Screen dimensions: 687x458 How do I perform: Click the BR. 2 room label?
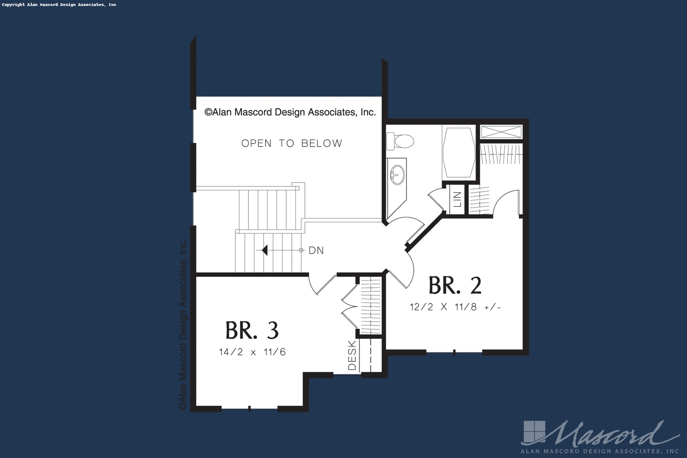click(x=455, y=285)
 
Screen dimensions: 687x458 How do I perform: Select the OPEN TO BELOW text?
click(x=292, y=143)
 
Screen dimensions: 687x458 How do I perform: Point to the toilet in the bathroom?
click(x=400, y=141)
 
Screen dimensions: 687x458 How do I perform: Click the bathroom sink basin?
click(x=397, y=175)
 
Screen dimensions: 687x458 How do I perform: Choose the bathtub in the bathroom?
click(x=459, y=153)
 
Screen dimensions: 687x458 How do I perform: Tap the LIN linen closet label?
click(x=457, y=199)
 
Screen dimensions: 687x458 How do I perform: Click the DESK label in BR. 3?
click(x=352, y=355)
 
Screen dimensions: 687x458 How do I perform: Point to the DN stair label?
click(x=316, y=251)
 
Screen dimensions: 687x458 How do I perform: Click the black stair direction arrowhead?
click(x=265, y=250)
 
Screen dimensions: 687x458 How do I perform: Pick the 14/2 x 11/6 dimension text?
click(x=252, y=352)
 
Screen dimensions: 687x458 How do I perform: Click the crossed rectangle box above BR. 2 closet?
click(x=501, y=132)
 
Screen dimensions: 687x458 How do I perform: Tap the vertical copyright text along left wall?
click(x=183, y=325)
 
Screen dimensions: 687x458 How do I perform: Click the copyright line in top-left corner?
click(x=59, y=5)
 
